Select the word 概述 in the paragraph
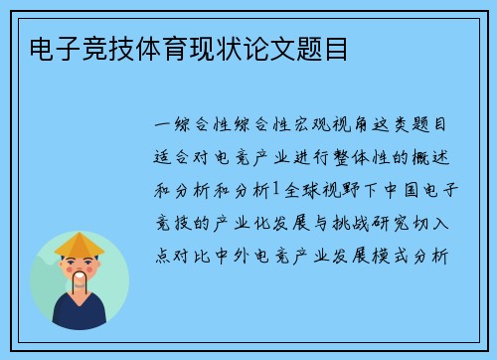(430, 157)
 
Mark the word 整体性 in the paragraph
(362, 157)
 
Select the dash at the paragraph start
(166, 126)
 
